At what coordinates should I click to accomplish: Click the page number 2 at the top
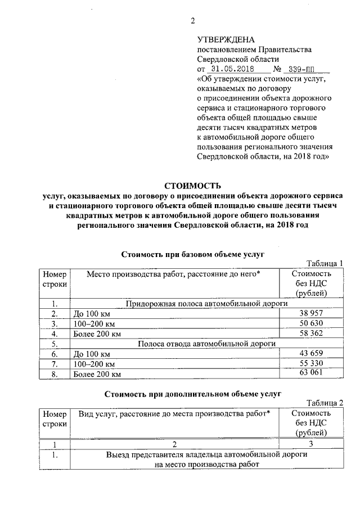[x=192, y=21]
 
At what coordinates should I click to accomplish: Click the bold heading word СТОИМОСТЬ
[x=192, y=185]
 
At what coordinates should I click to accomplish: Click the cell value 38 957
[x=313, y=313]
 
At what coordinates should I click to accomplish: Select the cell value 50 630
[x=313, y=323]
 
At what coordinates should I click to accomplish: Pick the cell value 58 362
[x=313, y=334]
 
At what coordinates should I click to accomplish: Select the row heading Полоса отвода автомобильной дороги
[x=206, y=344]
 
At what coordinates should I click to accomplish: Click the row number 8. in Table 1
[x=55, y=374]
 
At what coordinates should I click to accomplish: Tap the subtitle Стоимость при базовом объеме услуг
[x=193, y=254]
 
